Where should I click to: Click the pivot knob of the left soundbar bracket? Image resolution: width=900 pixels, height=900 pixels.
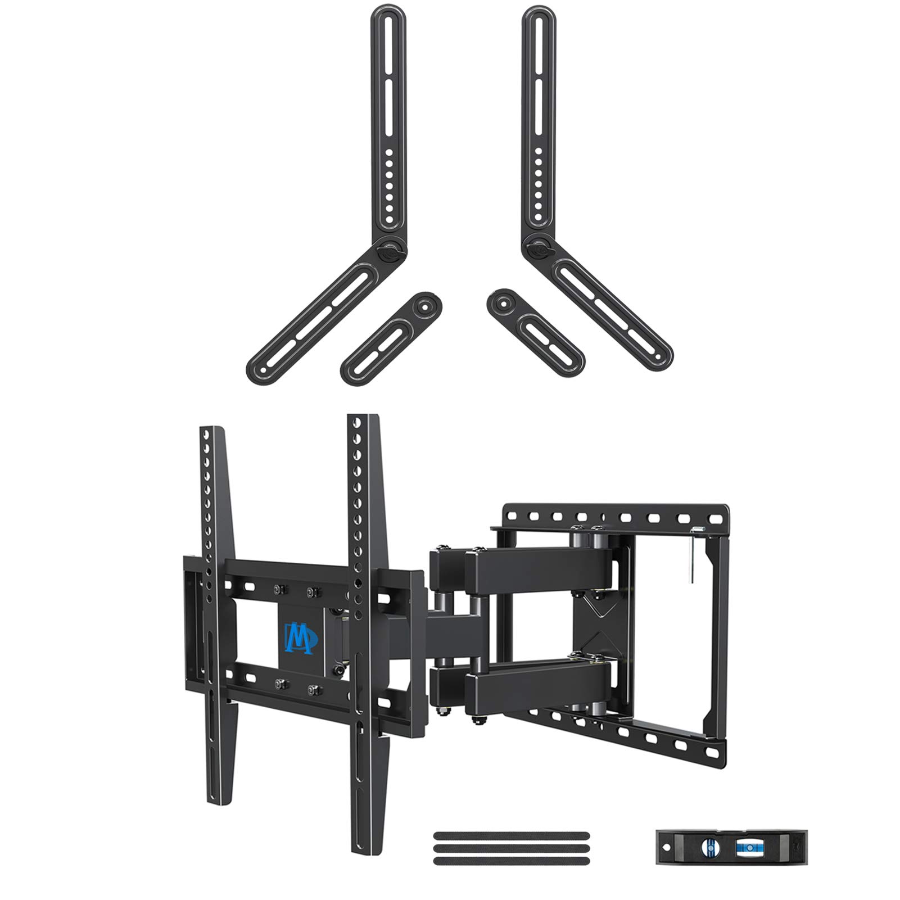point(390,247)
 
